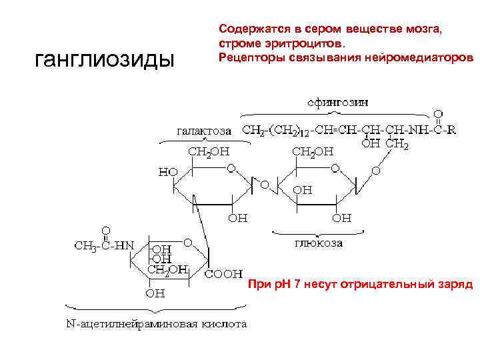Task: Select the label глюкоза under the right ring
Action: (318, 244)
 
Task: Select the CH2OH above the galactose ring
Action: (209, 152)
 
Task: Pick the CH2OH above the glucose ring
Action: (313, 152)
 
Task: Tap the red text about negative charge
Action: (360, 285)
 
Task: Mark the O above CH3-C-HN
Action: (105, 231)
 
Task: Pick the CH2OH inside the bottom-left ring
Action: (168, 270)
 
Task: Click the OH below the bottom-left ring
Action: (155, 293)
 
